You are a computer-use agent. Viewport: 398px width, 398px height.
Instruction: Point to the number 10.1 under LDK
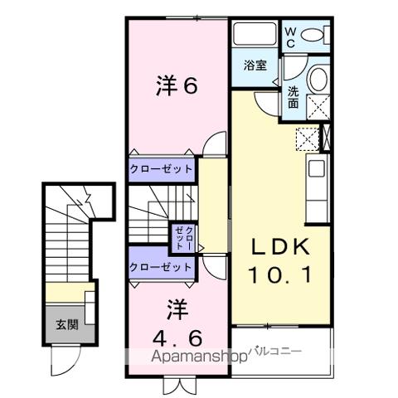(x=280, y=274)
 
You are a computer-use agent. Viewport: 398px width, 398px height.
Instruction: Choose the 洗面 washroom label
(x=294, y=98)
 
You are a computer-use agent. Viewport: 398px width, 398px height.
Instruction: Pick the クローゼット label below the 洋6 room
(x=161, y=169)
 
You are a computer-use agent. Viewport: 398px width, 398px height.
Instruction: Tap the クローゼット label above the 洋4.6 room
(x=161, y=267)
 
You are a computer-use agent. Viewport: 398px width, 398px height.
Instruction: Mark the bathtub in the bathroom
(x=255, y=36)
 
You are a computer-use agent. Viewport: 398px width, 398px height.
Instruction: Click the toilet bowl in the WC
(x=314, y=35)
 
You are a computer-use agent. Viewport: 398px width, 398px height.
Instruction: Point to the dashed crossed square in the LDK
(x=304, y=139)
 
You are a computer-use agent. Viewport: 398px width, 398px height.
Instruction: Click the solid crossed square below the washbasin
(x=318, y=107)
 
